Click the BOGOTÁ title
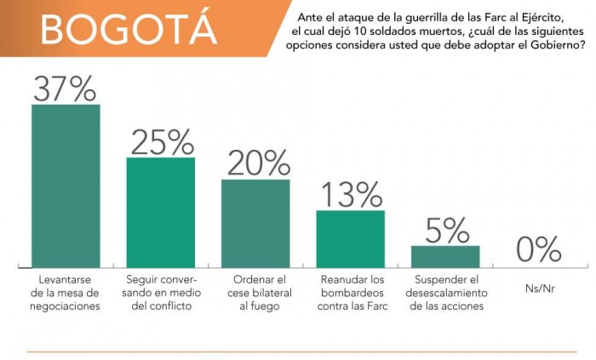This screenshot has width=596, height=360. coord(128,29)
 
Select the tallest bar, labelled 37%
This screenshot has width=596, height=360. coord(66,183)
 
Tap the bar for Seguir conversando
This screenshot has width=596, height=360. coord(160,210)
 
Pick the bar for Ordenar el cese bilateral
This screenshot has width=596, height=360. coord(255,221)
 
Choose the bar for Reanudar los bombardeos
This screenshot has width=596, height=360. coord(350,237)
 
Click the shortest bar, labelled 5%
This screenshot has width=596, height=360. coord(445,254)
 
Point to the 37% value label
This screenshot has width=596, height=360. coord(66,86)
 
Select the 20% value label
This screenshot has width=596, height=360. coord(255,162)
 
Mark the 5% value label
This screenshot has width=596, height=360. coord(445,229)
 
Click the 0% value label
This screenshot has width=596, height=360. coord(540,249)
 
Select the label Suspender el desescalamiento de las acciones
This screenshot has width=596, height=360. coord(445,292)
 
